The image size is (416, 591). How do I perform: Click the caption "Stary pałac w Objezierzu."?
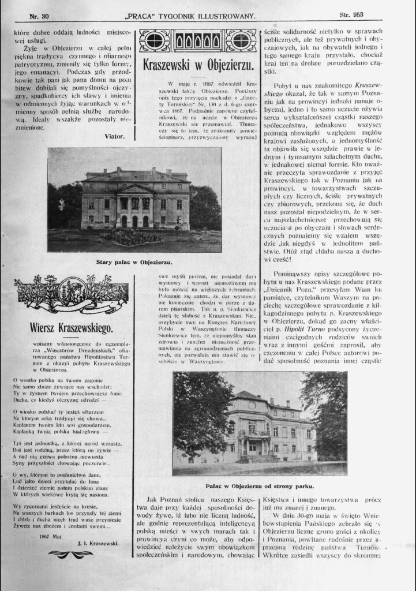click(x=133, y=261)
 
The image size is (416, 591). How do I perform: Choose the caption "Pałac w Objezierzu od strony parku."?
click(x=260, y=485)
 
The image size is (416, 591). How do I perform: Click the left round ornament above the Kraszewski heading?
click(x=156, y=40)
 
